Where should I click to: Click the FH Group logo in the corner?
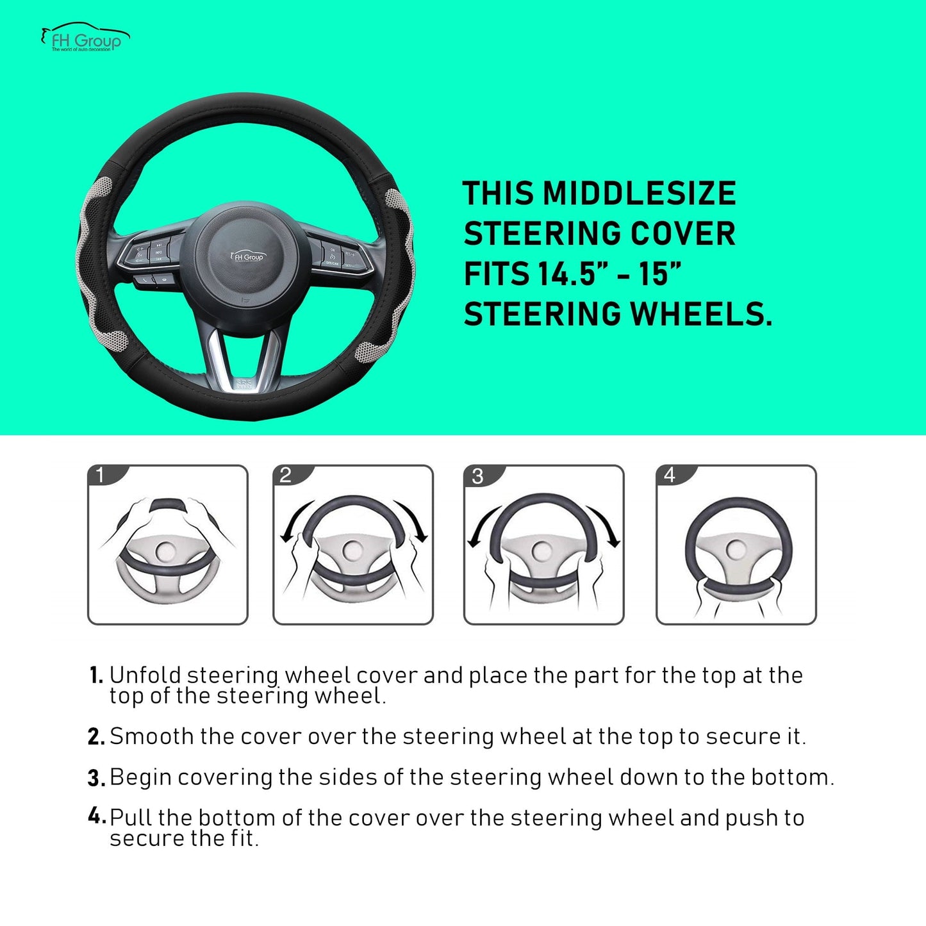pos(85,38)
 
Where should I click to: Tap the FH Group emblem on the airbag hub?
pos(247,256)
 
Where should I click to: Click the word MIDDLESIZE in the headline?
pos(639,194)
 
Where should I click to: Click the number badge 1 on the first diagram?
pos(101,475)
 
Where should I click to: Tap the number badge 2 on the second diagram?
pos(286,475)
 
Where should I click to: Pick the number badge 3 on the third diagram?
pos(477,475)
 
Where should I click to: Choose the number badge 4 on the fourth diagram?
pos(670,475)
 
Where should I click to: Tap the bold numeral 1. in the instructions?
pos(96,675)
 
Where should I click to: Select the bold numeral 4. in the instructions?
pos(96,816)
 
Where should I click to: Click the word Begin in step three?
pos(140,777)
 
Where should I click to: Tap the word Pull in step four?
pos(131,818)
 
